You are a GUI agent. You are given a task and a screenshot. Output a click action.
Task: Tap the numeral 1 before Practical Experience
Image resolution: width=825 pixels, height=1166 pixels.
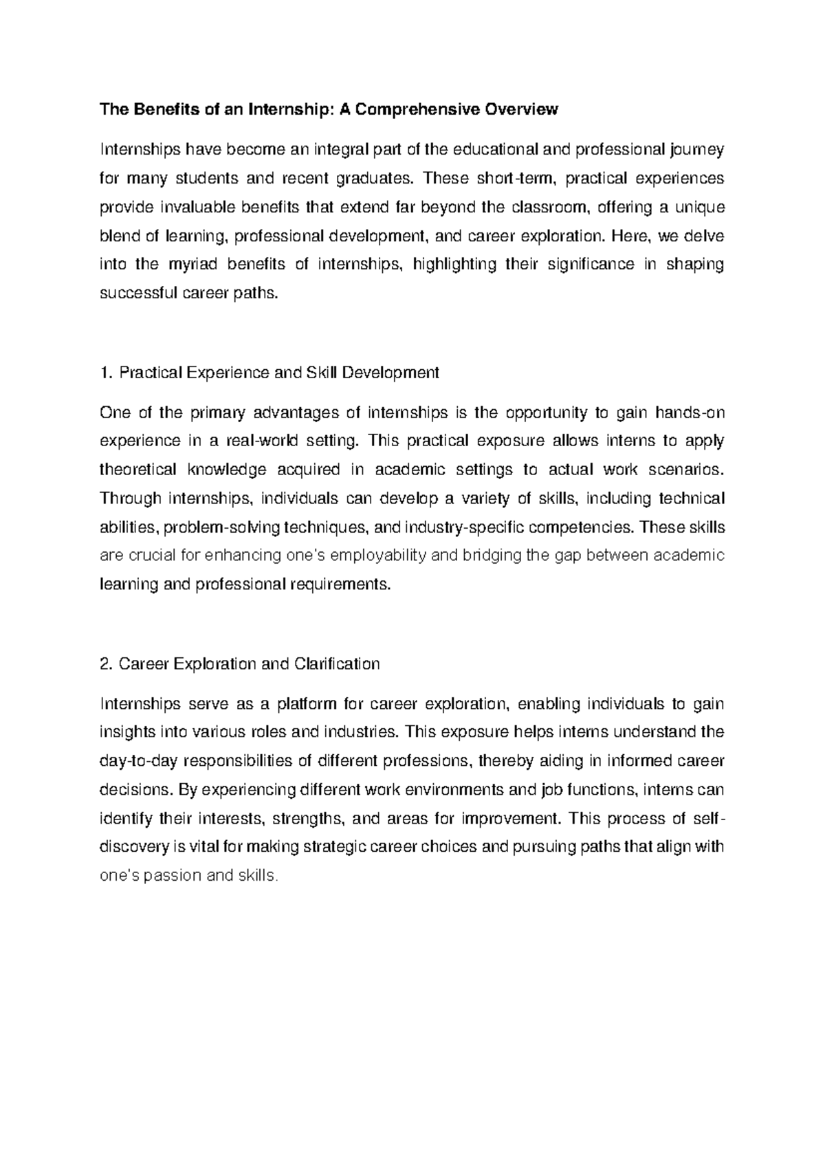point(104,373)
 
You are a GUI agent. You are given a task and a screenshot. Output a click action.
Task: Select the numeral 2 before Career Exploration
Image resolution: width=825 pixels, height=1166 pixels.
point(104,664)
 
